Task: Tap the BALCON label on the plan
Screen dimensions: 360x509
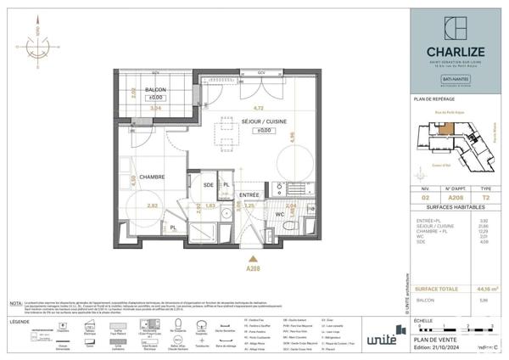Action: click(x=154, y=89)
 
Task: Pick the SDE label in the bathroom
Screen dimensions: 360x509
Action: click(x=208, y=184)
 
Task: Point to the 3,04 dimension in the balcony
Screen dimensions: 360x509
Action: click(x=154, y=109)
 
